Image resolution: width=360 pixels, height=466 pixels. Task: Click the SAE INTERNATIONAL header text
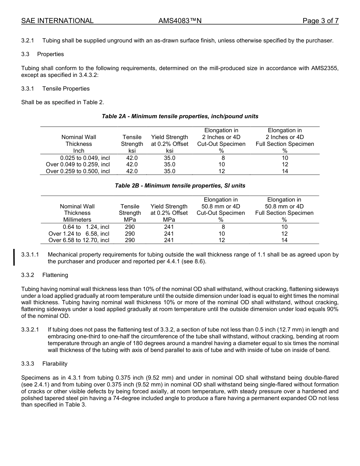(x=57, y=21)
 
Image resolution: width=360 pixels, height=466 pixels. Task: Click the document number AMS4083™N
(x=180, y=21)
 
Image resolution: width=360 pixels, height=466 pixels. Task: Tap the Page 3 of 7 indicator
(x=320, y=21)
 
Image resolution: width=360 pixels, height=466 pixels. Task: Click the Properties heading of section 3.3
(x=50, y=54)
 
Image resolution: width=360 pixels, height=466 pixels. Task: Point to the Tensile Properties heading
(x=66, y=89)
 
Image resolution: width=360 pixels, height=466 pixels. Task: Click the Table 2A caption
(x=180, y=116)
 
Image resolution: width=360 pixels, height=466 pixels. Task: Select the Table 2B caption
(x=180, y=186)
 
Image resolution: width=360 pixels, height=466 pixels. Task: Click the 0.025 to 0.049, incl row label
(x=85, y=158)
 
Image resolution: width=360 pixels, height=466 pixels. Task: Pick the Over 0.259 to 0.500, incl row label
(x=78, y=171)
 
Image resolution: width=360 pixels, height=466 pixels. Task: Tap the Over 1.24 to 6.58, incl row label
(x=79, y=234)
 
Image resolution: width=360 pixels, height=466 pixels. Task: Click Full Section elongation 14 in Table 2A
(x=285, y=171)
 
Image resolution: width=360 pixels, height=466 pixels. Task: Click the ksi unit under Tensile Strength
(x=132, y=151)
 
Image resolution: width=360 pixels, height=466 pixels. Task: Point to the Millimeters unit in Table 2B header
(x=77, y=220)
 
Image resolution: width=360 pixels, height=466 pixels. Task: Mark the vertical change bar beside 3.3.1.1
(x=14, y=257)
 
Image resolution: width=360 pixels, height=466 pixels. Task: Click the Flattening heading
(x=55, y=275)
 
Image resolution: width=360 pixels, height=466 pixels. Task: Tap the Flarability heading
(x=55, y=364)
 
